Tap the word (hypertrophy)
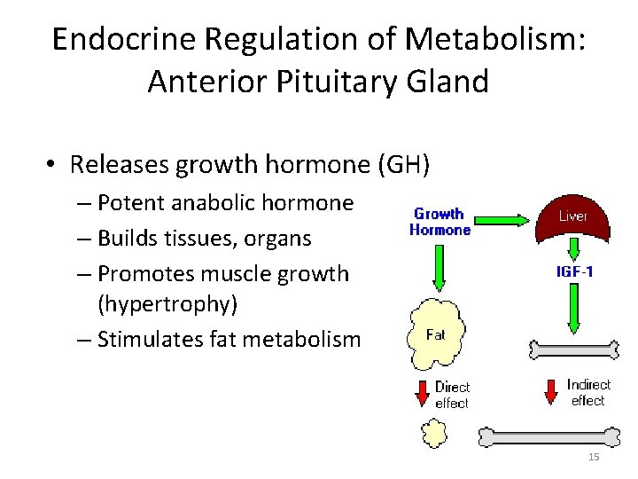point(167,304)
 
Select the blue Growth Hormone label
point(440,222)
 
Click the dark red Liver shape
point(572,217)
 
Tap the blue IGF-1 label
point(574,271)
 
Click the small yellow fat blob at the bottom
point(434,434)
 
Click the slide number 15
point(594,457)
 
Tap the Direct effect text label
point(452,395)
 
